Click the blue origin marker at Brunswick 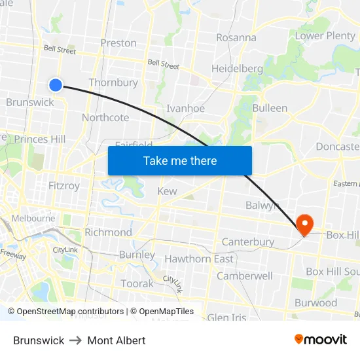coord(56,84)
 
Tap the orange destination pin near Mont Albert coord(305,224)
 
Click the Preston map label coord(118,43)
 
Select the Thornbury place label coord(113,82)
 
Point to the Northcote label coord(105,118)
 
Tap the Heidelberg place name coord(237,69)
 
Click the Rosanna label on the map coord(236,37)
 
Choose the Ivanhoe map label coord(185,109)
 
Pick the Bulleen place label coord(270,108)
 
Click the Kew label coord(167,191)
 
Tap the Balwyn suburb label coord(262,206)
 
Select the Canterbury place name coord(248,242)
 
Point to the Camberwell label coord(245,276)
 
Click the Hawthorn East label coord(199,259)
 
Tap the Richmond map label coord(109,232)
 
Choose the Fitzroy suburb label coord(64,186)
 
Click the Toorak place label coord(137,283)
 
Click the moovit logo coord(321,340)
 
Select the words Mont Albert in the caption coord(117,340)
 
